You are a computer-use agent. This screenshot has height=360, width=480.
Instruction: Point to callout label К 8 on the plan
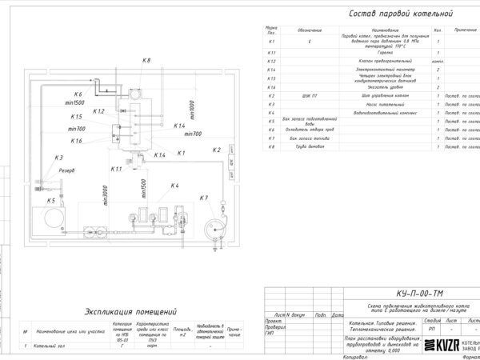[x=146, y=61]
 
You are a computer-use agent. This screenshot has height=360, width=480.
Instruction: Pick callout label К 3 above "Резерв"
[x=58, y=158]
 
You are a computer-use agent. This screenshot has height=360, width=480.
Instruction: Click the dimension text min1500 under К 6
[x=77, y=103]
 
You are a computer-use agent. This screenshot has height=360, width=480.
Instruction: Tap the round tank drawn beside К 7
[x=214, y=227]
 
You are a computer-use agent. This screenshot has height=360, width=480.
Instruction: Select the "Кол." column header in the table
[x=438, y=30]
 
